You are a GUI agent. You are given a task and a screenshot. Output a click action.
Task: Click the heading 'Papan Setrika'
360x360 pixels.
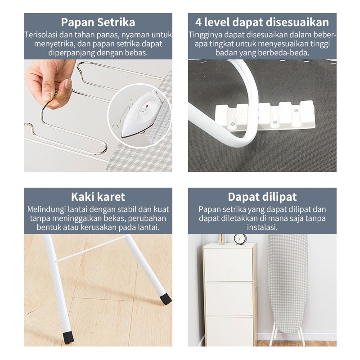pos(98,22)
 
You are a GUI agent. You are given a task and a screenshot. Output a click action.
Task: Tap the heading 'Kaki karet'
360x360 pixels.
pos(98,197)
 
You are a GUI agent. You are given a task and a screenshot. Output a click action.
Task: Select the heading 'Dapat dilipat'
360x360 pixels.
pos(262,197)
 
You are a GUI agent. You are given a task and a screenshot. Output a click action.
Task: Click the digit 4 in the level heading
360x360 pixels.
pos(198,22)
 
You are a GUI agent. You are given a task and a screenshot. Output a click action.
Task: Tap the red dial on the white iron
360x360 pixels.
pos(145,106)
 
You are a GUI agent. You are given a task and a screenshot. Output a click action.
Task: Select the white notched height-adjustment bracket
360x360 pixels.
pos(265,116)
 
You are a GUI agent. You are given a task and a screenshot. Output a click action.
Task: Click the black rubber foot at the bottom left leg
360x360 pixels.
pos(68,338)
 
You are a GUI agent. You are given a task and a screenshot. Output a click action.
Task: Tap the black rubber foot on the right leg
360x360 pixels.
pos(166,299)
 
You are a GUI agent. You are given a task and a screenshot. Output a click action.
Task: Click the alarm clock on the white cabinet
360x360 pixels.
pos(240,239)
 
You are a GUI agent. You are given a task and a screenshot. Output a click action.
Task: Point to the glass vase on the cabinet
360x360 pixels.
pos(222,239)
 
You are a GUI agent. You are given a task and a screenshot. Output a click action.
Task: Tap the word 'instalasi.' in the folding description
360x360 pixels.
pos(262,227)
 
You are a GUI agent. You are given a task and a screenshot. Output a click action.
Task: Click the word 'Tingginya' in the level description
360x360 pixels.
pos(206,35)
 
